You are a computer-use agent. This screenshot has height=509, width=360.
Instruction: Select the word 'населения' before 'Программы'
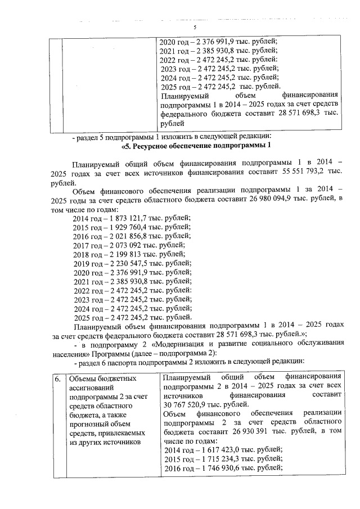[70, 353]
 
